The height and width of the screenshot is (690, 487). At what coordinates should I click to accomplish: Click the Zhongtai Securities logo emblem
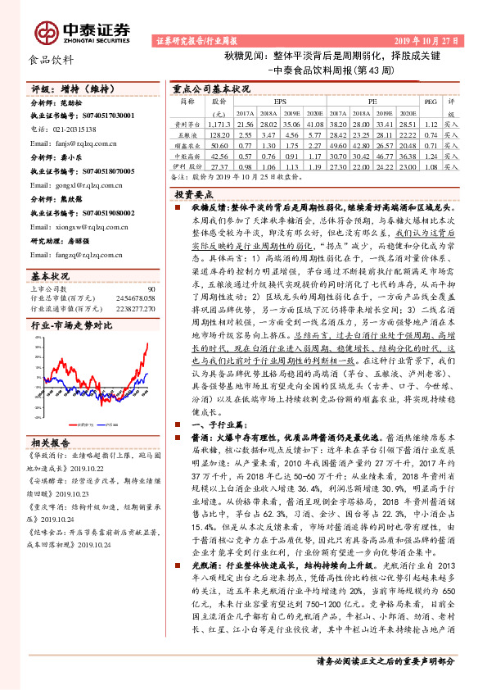click(x=47, y=31)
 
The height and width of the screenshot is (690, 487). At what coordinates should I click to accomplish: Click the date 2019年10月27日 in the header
click(x=431, y=40)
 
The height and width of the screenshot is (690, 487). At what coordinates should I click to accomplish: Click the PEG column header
click(x=427, y=102)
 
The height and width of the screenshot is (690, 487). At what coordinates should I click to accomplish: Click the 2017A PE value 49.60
click(x=337, y=143)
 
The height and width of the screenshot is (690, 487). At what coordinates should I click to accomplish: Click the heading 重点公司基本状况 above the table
click(x=211, y=87)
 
